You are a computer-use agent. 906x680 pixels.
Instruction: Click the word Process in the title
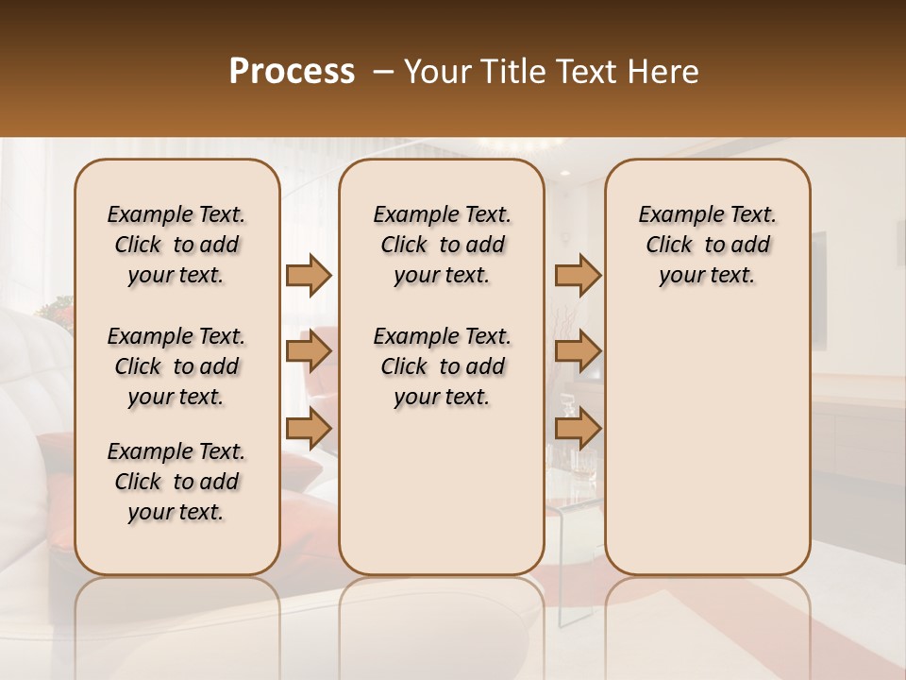coord(292,72)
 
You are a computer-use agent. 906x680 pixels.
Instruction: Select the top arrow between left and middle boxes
coord(309,275)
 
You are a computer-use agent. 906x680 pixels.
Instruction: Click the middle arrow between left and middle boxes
coord(309,352)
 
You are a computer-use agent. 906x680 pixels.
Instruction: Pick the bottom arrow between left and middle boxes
coord(309,429)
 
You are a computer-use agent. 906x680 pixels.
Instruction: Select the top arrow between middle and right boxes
coord(578,275)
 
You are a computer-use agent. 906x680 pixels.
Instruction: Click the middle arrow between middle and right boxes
coord(578,352)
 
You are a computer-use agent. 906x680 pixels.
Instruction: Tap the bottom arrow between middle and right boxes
coord(578,429)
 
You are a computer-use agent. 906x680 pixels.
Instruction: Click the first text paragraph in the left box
coord(176,245)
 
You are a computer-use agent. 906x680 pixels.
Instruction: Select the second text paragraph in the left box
coord(176,366)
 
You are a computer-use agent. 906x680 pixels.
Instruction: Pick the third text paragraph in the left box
coord(176,482)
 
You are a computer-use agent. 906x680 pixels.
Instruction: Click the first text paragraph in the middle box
coord(442,245)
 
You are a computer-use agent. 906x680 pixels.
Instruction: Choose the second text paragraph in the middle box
coord(442,366)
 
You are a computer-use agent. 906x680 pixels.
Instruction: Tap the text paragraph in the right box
coord(708,245)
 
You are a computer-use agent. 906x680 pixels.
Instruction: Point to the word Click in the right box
coord(669,246)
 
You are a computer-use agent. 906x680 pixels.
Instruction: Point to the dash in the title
coord(383,72)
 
